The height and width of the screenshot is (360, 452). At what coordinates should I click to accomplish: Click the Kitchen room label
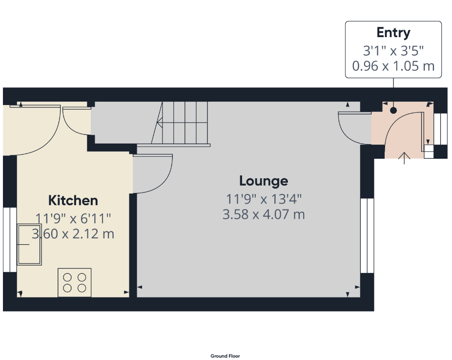click(73, 200)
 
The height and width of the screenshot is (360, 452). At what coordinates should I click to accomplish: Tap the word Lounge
click(264, 181)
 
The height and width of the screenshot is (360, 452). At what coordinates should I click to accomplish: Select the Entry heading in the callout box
click(393, 33)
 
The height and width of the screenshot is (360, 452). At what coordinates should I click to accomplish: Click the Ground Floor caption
click(225, 356)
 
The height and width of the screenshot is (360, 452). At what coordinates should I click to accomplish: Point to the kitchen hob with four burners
click(75, 283)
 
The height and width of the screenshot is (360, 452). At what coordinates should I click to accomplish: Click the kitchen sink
click(29, 244)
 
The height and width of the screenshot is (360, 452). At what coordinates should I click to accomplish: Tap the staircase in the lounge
click(181, 124)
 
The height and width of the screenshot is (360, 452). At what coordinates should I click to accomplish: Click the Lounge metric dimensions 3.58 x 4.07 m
click(264, 214)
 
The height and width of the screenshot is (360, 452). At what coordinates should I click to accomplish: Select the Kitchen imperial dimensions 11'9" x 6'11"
click(73, 218)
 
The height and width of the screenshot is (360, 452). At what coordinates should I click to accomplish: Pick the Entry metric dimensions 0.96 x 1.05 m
click(393, 66)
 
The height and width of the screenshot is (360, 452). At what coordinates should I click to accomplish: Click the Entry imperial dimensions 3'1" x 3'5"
click(393, 51)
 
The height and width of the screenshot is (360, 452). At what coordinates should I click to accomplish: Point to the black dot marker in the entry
click(393, 110)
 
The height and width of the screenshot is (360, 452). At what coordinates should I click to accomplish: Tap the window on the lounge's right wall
click(367, 235)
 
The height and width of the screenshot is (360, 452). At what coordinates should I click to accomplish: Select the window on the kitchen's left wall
click(10, 239)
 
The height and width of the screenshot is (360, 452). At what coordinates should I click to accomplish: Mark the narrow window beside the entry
click(441, 128)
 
